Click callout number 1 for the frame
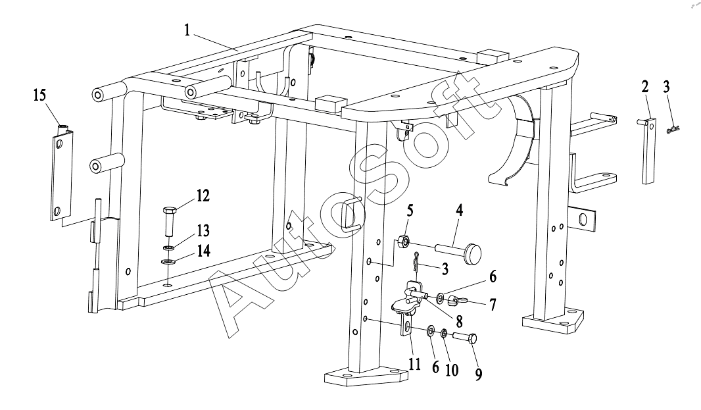[187, 30]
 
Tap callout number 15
[39, 95]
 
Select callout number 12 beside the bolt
[203, 195]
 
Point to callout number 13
[203, 230]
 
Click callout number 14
[203, 251]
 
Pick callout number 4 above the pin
[459, 210]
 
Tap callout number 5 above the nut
[410, 211]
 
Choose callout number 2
[644, 87]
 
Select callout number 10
[452, 370]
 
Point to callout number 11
[415, 365]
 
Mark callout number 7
[493, 305]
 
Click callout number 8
[459, 322]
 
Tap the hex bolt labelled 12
[170, 222]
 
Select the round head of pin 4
[473, 254]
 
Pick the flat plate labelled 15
[62, 174]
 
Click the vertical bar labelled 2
[649, 151]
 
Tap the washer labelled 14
[168, 262]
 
